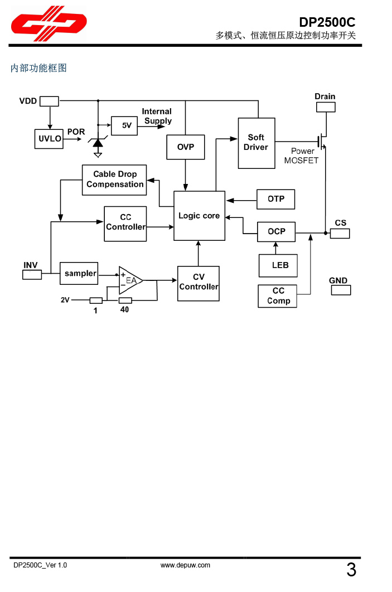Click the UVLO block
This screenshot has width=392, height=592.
50,139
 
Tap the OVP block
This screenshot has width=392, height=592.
186,147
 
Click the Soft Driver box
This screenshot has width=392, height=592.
256,143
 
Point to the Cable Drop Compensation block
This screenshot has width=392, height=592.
114,179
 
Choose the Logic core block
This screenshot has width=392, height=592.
199,216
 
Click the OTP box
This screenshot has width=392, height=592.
275,199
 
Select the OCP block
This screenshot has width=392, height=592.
276,231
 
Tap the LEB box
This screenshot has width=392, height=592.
278,265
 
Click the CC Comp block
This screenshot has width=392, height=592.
278,296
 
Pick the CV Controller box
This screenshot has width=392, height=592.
198,283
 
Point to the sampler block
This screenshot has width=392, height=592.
79,273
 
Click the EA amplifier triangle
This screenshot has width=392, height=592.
129,280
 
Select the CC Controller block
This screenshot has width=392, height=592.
125,223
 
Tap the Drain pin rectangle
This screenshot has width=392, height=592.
325,107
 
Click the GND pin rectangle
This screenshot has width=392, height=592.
340,290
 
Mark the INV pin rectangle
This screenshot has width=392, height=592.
32,274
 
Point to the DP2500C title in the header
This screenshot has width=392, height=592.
327,22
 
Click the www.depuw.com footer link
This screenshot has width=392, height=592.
185,565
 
